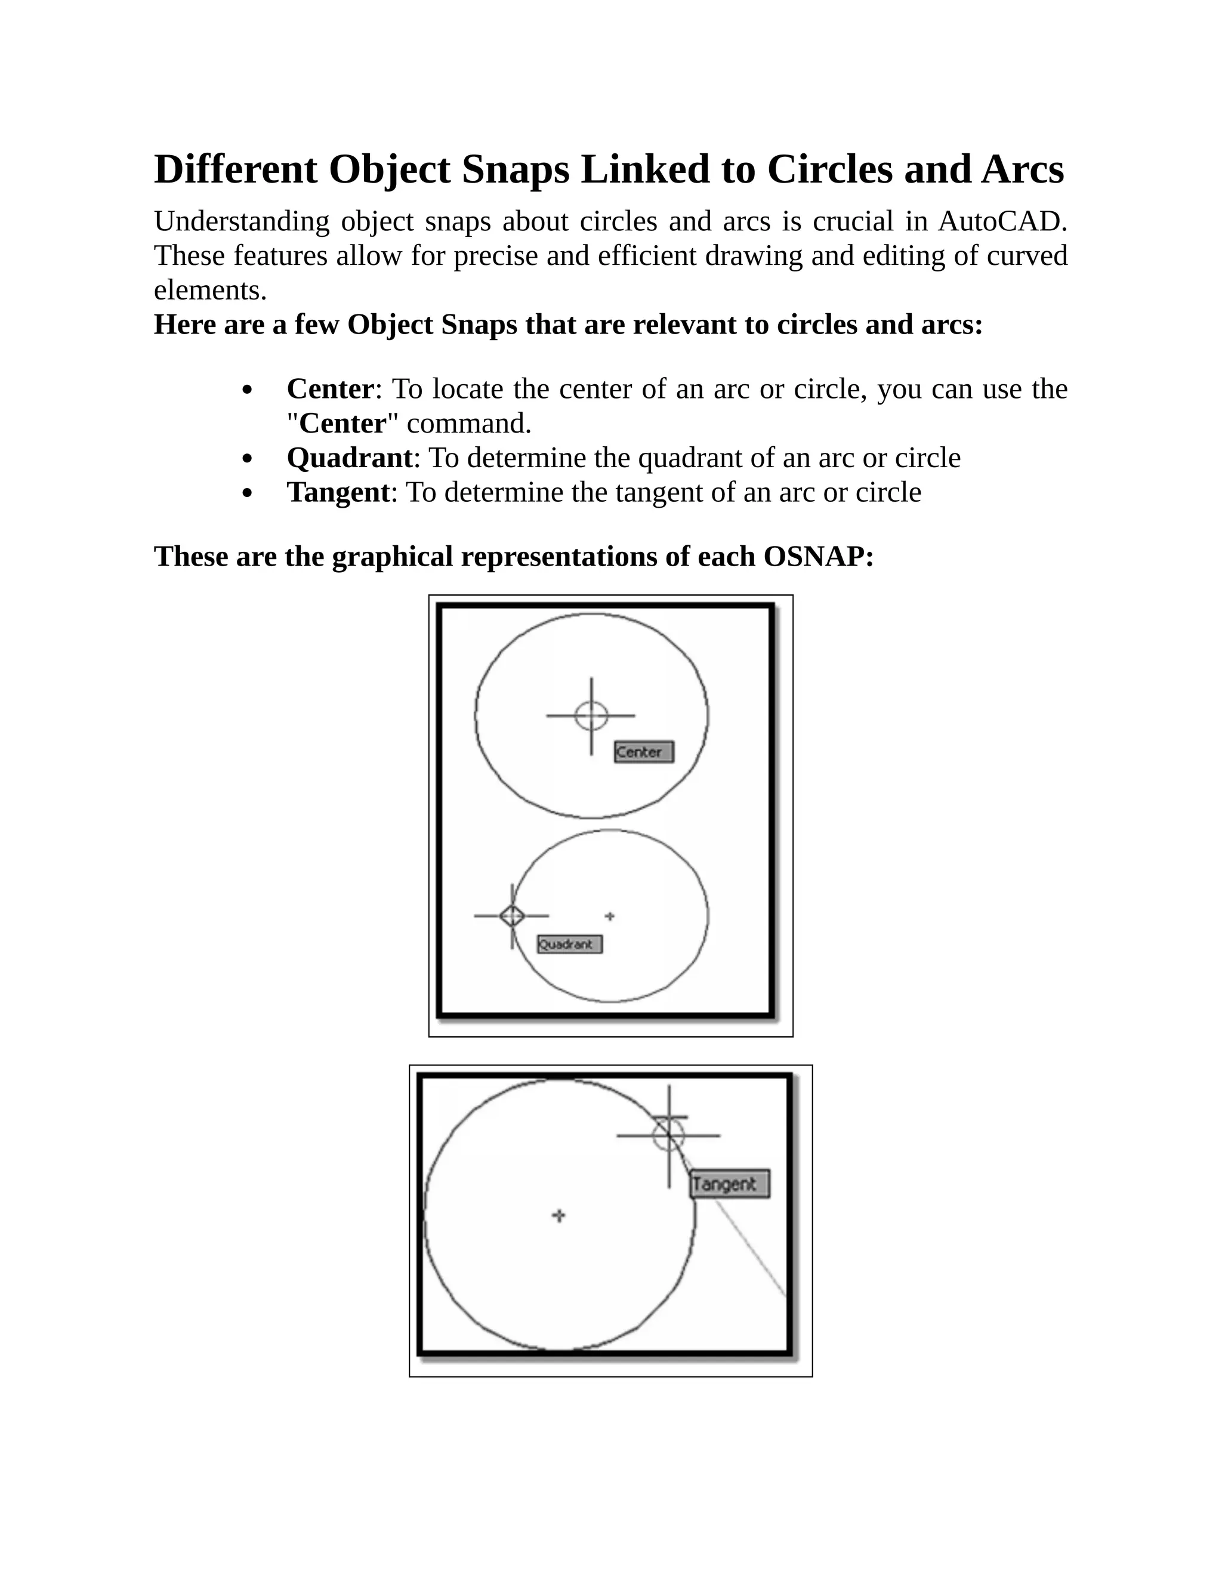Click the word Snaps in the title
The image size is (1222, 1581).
[x=515, y=170]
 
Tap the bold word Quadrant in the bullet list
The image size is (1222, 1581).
[x=349, y=458]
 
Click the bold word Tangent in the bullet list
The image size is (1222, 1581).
[x=338, y=493]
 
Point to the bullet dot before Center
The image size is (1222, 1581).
[x=248, y=391]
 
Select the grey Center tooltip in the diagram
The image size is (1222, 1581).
[x=644, y=752]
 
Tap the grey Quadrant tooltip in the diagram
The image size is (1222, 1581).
[x=570, y=944]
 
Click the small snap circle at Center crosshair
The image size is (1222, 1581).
[x=591, y=716]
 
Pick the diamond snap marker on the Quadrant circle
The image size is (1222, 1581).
[x=512, y=916]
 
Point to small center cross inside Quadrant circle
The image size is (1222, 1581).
[x=610, y=916]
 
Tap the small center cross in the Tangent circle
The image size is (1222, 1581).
[x=558, y=1215]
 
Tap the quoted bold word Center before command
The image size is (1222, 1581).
[x=342, y=424]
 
